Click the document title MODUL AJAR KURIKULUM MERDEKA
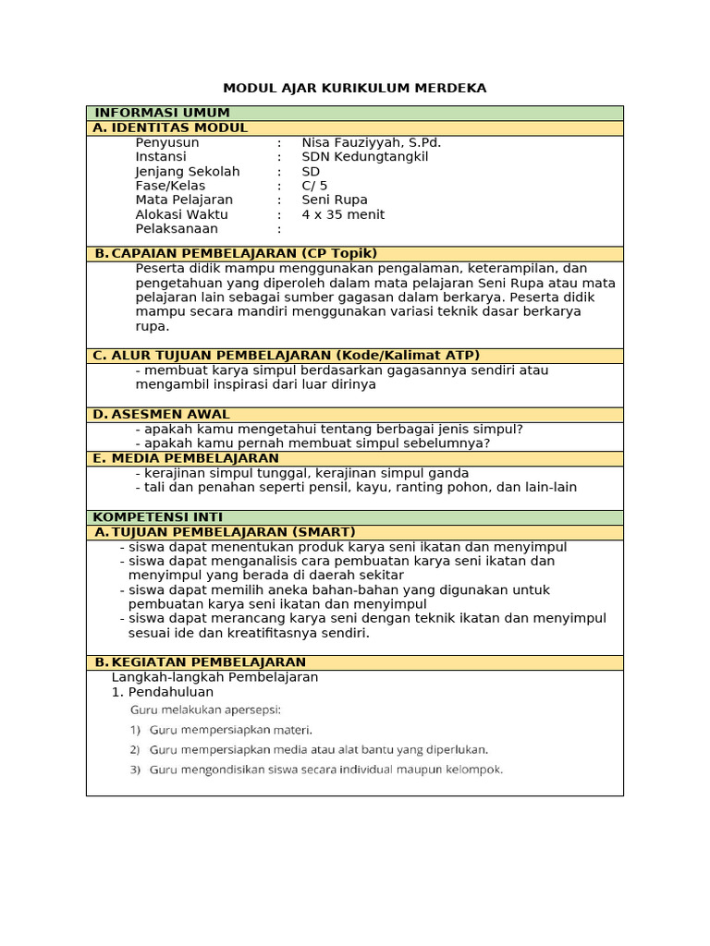click(354, 88)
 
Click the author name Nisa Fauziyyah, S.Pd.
click(358, 142)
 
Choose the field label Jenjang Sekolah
click(187, 172)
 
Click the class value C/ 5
click(314, 186)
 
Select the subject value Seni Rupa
click(334, 200)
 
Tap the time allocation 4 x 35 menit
click(343, 214)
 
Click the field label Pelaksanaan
click(177, 228)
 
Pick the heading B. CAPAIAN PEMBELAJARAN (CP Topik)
click(235, 253)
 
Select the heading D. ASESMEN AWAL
click(161, 415)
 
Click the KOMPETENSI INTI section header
click(157, 517)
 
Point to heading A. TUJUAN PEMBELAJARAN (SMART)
click(224, 532)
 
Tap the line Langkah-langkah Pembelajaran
click(215, 677)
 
